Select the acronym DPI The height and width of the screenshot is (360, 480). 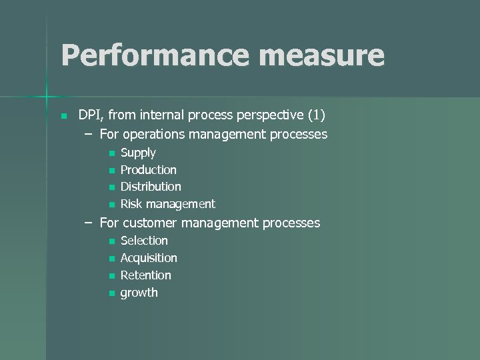point(89,115)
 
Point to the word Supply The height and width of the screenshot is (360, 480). point(138,153)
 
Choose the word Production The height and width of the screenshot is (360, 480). point(149,170)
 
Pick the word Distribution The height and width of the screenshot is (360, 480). point(151,187)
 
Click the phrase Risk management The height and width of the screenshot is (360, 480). point(168,204)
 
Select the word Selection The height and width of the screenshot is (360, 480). point(144,241)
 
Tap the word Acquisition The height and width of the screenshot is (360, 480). point(149,258)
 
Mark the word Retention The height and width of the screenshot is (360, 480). point(146,275)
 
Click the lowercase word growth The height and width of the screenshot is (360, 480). point(139,293)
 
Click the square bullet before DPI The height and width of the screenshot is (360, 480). point(63,116)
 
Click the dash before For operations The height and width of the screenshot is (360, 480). point(89,134)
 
